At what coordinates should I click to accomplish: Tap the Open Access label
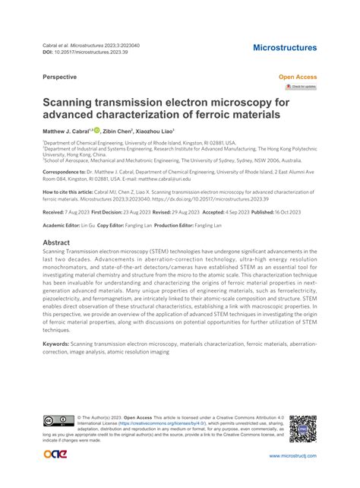(x=298, y=78)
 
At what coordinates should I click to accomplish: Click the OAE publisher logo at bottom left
(x=57, y=455)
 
